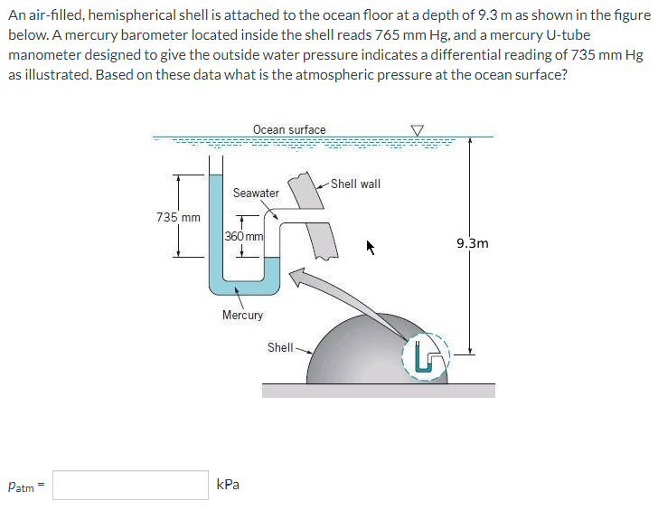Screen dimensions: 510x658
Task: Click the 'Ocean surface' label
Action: click(289, 129)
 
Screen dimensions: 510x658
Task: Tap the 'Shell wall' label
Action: click(355, 184)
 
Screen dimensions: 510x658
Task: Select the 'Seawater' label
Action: click(256, 193)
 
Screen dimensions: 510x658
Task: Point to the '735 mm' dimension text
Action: click(178, 217)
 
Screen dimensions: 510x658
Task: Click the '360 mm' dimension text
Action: click(243, 236)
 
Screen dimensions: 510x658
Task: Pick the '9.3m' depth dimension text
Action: click(473, 243)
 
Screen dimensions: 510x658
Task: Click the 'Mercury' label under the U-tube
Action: click(242, 315)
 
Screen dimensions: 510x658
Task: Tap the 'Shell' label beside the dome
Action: click(279, 347)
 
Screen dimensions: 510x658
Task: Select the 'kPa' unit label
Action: click(229, 485)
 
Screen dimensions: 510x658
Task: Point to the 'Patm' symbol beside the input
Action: click(23, 486)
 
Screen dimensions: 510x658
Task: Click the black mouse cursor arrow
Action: click(370, 245)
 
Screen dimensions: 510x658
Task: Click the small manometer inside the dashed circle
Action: click(425, 356)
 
